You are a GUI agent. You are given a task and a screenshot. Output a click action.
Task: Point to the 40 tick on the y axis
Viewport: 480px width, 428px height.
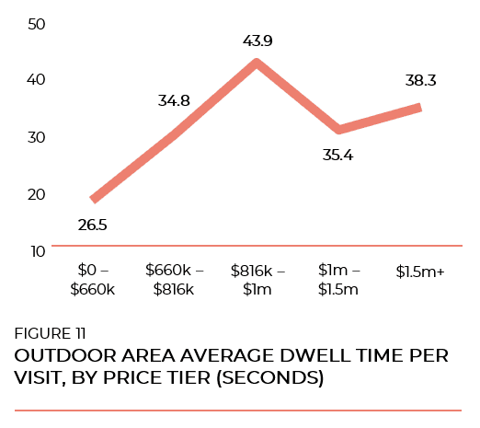point(37,79)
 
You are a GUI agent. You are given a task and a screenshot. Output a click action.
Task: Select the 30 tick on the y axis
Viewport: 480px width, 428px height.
point(37,137)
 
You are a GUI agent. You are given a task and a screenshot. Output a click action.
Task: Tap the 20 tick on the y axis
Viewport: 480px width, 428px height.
point(37,194)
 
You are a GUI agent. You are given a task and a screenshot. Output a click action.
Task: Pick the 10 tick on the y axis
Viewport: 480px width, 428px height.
point(37,250)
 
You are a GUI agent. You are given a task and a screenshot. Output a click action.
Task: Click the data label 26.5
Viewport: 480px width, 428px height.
point(92,225)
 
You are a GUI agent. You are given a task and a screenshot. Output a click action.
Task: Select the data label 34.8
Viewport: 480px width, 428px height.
point(175,101)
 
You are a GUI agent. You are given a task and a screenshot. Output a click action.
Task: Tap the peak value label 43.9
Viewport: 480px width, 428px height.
point(257,40)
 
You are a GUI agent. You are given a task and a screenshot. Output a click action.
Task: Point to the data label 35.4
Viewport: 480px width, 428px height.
point(337,154)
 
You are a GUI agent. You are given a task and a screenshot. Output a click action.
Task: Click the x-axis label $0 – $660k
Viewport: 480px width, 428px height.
point(92,280)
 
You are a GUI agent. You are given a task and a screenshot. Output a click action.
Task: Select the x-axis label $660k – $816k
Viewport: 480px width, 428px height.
point(174,280)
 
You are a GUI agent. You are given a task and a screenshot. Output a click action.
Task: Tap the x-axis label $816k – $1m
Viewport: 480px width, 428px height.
point(257,280)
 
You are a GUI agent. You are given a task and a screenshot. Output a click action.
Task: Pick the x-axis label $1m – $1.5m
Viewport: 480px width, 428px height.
point(337,280)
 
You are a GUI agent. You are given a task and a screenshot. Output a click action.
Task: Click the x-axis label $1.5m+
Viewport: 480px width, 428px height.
point(419,272)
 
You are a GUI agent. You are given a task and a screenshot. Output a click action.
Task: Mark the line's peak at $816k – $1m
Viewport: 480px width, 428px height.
point(257,63)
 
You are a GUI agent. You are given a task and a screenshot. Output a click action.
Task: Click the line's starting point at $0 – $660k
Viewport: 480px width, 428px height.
point(93,200)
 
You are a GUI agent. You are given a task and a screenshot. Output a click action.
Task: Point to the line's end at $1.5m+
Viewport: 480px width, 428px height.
point(419,108)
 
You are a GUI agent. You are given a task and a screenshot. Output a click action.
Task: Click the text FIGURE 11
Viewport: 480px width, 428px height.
point(51,333)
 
